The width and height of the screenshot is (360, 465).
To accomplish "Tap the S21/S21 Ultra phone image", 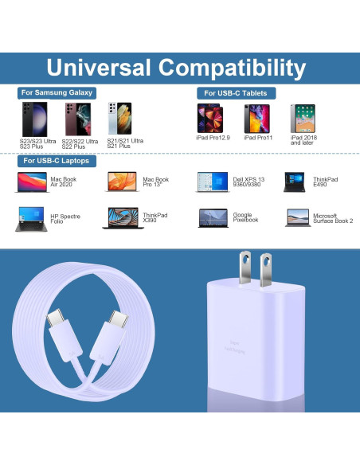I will pyautogui.click(x=119, y=119).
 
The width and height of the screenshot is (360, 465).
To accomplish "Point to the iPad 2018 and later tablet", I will pyautogui.click(x=303, y=118).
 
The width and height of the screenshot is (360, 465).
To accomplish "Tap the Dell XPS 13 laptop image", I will pyautogui.click(x=213, y=182).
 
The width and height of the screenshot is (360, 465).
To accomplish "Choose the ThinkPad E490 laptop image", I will pyautogui.click(x=296, y=182).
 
